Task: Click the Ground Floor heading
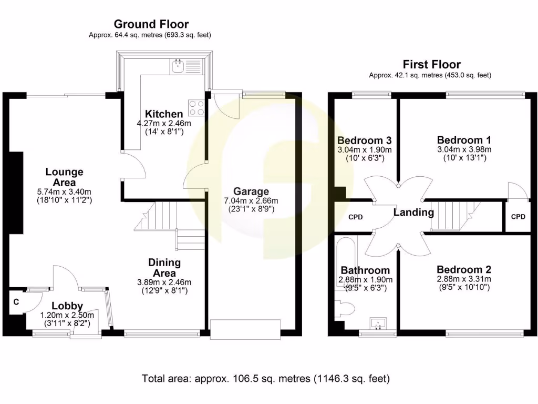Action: pos(151,24)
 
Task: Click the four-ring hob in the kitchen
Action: pos(197,107)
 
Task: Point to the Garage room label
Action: pos(251,191)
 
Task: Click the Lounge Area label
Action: pos(64,177)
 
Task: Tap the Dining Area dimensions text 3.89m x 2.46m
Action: pos(164,282)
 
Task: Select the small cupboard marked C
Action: pos(17,302)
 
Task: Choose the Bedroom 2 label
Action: pos(463,270)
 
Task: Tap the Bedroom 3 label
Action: pos(364,140)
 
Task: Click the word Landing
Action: pos(415,213)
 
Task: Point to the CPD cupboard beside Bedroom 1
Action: pos(518,216)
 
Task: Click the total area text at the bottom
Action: pos(266,378)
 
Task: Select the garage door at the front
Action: pos(245,329)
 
